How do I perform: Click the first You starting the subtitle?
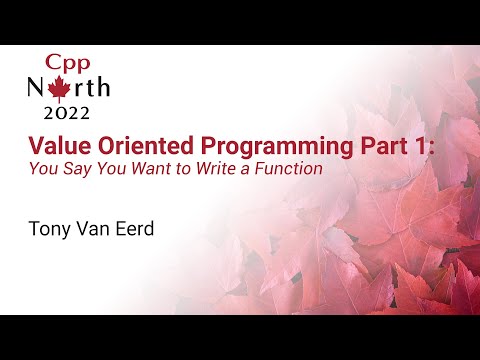pyautogui.click(x=45, y=169)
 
